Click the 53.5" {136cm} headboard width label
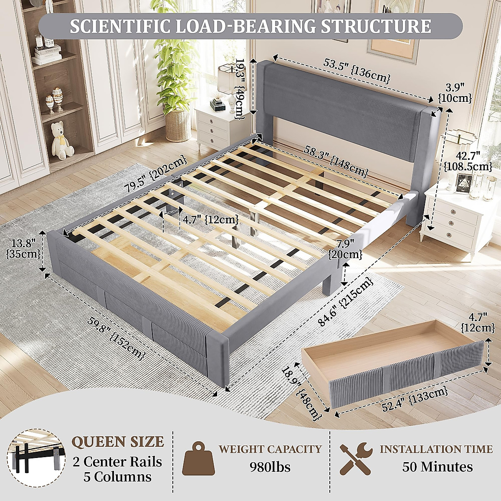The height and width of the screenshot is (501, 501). point(357,71)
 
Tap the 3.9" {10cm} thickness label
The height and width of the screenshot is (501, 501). point(455,93)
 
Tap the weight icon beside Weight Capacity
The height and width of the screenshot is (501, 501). point(198,458)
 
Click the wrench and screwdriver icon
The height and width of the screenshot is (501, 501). point(355,457)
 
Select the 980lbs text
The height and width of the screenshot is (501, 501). point(270,466)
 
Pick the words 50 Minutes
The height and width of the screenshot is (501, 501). point(437,466)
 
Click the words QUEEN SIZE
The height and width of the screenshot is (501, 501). point(118,442)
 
